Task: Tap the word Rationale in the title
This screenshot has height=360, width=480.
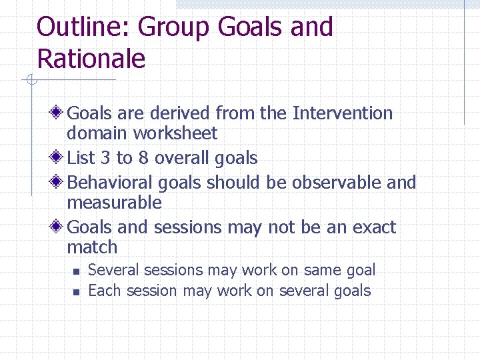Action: [x=91, y=59]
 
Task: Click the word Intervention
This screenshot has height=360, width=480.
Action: [x=342, y=113]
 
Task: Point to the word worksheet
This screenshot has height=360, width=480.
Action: [x=175, y=133]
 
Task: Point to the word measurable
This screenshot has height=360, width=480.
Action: [x=114, y=202]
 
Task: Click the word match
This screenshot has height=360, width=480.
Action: [x=92, y=247]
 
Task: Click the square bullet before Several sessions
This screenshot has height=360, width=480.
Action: [x=77, y=271]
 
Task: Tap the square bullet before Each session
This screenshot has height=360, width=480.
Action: [x=77, y=292]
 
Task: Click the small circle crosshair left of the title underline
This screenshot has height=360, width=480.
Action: [x=30, y=81]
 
